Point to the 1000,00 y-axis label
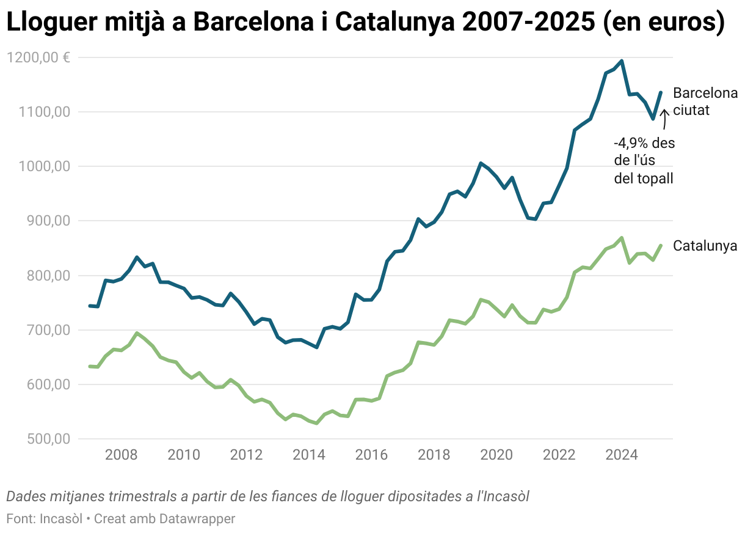point(43,166)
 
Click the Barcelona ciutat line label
point(705,102)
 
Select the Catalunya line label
point(705,246)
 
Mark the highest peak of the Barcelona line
point(622,61)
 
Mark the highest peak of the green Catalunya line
point(622,238)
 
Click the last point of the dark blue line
point(661,93)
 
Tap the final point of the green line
point(661,246)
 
